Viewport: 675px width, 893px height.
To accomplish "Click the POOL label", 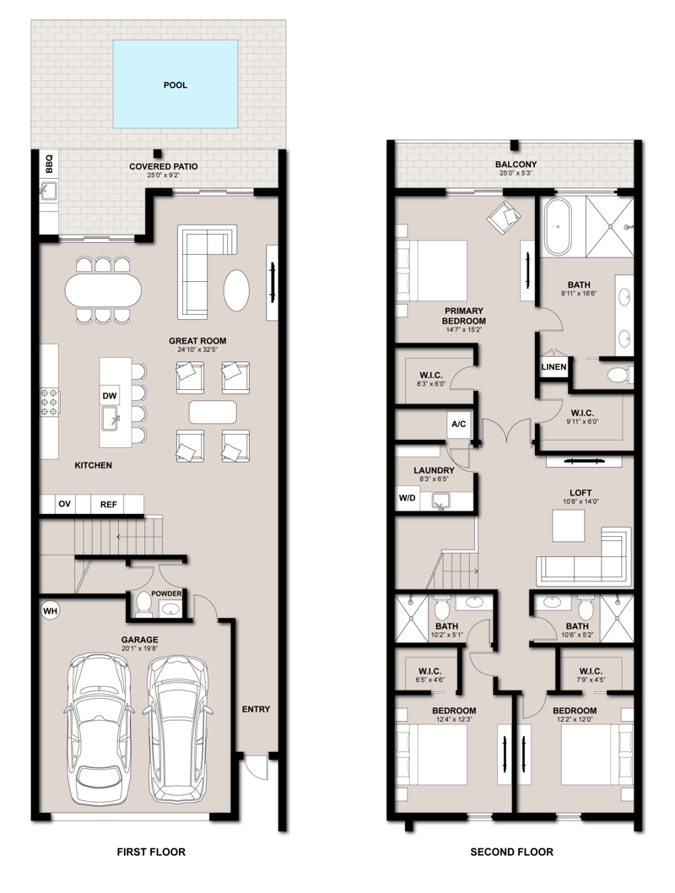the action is pos(175,85).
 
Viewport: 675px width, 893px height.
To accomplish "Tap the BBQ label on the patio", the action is pos(49,164).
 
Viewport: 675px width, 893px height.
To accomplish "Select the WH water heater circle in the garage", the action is pos(50,611).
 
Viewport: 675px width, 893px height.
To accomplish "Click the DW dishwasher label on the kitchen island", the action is pos(110,396).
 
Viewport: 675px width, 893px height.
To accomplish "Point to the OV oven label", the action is pos(64,504).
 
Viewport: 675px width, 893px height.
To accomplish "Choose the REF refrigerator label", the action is pos(108,504).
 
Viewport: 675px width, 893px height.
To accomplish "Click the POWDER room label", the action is pos(166,593).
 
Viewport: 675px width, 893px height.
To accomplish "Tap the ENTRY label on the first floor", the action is pos(256,709).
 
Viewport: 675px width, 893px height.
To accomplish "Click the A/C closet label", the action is pos(459,424).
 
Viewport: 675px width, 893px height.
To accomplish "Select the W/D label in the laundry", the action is pos(407,498).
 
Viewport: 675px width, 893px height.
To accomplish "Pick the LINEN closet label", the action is pos(553,367).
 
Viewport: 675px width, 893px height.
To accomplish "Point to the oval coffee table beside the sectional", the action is pos(236,290).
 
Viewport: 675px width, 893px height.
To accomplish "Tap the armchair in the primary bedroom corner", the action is pos(505,216).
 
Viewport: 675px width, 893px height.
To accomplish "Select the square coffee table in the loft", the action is pos(569,526).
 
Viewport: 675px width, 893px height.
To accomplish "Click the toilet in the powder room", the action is pos(143,605).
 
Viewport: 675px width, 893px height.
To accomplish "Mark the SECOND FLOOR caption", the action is pos(511,852).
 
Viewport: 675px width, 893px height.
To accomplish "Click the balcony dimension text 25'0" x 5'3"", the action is pos(516,173).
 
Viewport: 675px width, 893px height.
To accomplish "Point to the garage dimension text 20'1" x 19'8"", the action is pos(139,648).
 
